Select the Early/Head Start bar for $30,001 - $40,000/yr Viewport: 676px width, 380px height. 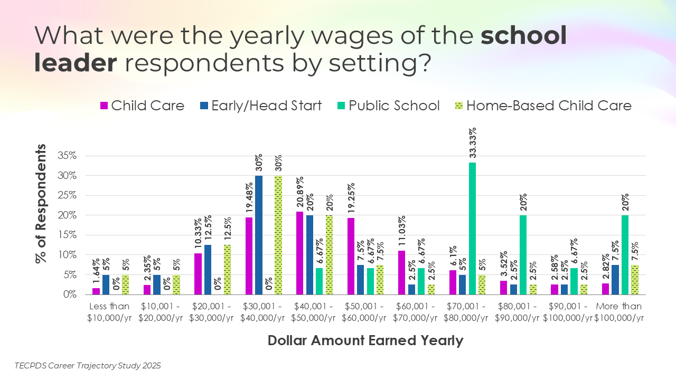coord(259,235)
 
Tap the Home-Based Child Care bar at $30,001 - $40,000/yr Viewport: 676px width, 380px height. coord(278,235)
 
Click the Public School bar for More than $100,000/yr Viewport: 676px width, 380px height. coord(625,255)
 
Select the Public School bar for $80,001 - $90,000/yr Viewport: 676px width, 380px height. coord(523,255)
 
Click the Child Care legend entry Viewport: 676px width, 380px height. coord(143,106)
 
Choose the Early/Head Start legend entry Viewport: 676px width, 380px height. coord(261,106)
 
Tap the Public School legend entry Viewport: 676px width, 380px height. coord(388,106)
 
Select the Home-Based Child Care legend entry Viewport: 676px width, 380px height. coord(543,106)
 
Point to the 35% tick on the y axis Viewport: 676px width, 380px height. coord(68,156)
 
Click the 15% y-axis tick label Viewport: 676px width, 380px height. coord(68,235)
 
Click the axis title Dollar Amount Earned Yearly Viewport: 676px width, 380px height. coord(365,340)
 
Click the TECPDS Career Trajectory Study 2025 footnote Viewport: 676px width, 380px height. coord(88,365)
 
